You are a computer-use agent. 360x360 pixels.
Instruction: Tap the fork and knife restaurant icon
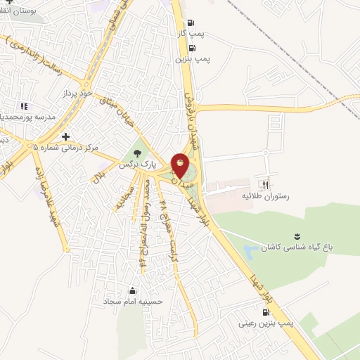(x=266, y=184)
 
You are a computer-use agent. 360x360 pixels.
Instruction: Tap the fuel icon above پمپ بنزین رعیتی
(x=265, y=312)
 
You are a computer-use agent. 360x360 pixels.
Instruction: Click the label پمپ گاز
(x=191, y=33)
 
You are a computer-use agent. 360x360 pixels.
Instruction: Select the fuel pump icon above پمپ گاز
(x=192, y=22)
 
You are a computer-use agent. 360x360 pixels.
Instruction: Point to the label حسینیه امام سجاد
(x=133, y=301)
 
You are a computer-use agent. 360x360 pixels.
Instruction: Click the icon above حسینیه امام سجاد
(x=132, y=290)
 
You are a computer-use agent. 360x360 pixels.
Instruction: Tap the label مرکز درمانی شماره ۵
(x=67, y=148)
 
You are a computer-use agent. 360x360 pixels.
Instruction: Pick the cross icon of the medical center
(x=66, y=137)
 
